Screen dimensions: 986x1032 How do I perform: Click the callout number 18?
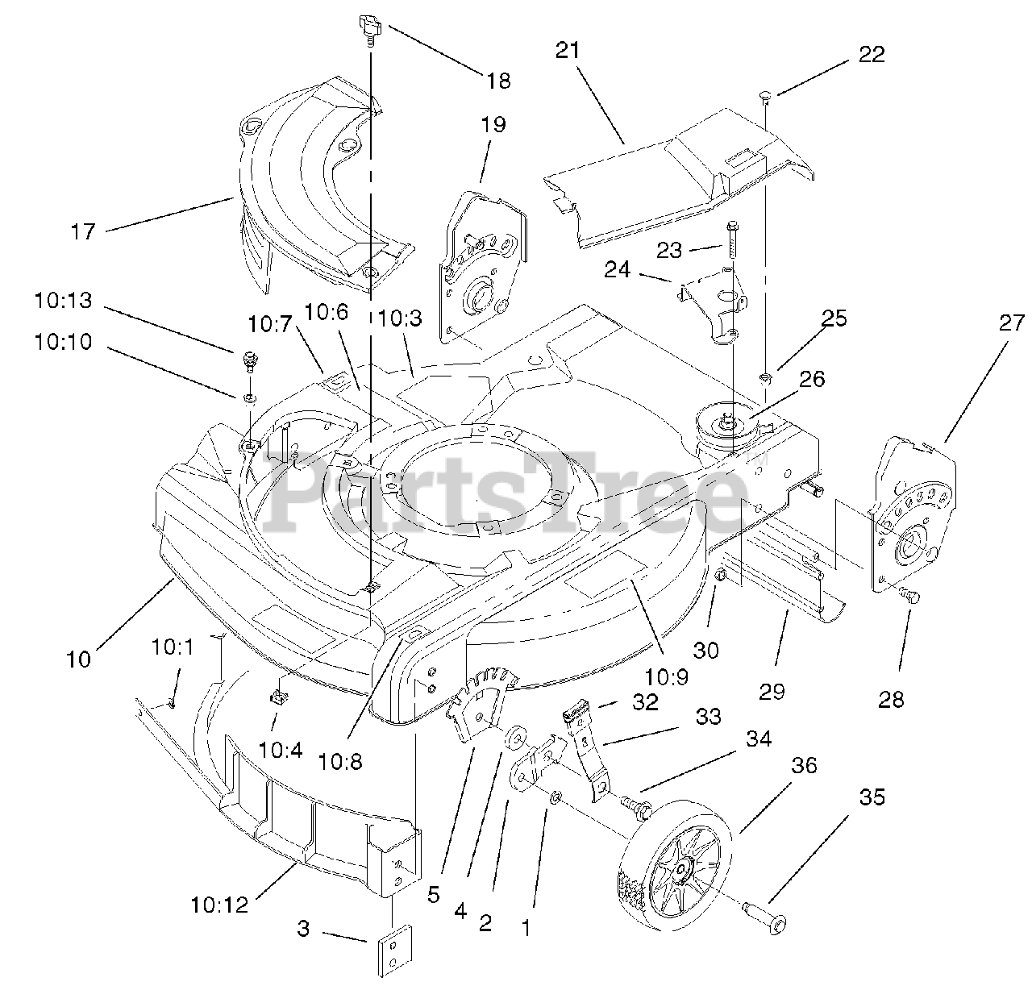[498, 81]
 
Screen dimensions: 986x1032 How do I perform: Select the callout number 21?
[568, 50]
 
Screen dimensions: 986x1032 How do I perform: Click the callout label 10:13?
[63, 301]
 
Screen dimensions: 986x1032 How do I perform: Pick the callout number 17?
[82, 231]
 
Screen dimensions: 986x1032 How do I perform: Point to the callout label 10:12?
[219, 905]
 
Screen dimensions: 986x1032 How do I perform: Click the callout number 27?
[1009, 323]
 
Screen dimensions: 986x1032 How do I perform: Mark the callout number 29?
[772, 690]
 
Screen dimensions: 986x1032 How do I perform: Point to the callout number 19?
[493, 125]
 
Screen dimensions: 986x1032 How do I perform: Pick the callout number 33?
[708, 716]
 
